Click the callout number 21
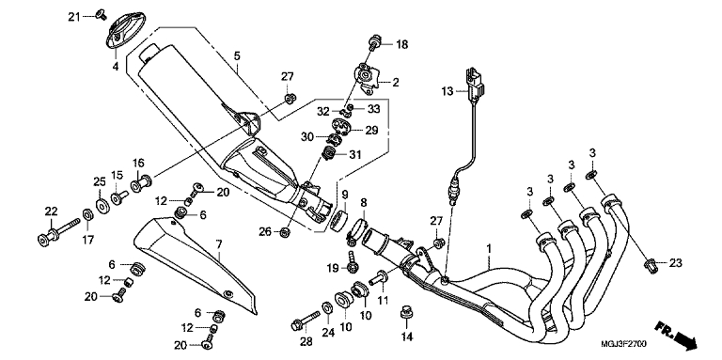pos(74,17)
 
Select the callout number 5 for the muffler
pos(237,56)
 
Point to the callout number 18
pos(402,45)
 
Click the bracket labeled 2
pos(367,79)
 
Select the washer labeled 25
pos(102,202)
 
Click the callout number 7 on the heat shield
pos(219,244)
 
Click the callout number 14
pos(406,337)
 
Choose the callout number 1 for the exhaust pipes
pos(489,249)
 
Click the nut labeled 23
pos(650,264)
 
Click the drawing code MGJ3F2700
pos(624,344)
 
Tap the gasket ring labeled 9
pos(338,219)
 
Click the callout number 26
pos(265,231)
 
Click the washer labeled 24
pos(327,306)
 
